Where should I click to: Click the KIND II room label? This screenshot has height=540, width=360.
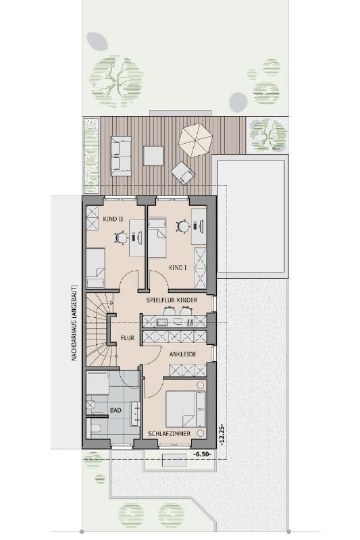click(113, 219)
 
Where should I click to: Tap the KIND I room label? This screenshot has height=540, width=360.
click(178, 267)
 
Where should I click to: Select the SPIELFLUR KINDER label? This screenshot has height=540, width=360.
click(172, 300)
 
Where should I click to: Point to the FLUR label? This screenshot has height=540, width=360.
click(128, 338)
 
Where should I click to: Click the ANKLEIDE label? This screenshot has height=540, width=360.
click(182, 354)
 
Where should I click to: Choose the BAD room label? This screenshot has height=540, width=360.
click(115, 410)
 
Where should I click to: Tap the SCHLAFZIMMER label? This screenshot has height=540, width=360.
click(169, 434)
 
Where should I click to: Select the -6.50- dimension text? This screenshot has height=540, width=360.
click(202, 454)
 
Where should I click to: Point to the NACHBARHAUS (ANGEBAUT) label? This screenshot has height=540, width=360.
click(74, 323)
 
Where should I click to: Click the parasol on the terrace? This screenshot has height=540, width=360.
click(196, 140)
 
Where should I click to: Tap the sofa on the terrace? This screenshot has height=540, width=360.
click(121, 156)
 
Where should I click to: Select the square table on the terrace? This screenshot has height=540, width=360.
click(153, 156)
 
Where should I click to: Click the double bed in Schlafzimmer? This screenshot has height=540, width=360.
click(186, 409)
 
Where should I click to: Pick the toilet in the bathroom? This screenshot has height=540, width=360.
click(94, 428)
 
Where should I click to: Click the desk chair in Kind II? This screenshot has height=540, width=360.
click(122, 238)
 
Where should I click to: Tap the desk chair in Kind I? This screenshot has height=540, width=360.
click(183, 226)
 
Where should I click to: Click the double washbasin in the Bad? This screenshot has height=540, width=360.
click(135, 413)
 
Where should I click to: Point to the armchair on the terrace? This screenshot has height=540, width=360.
click(183, 173)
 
